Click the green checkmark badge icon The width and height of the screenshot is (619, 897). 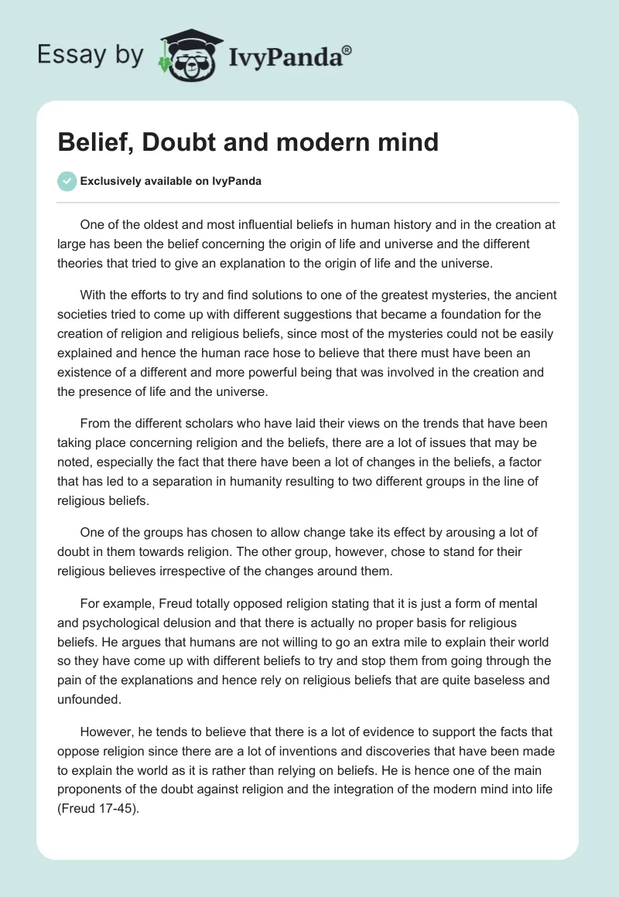tap(67, 181)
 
